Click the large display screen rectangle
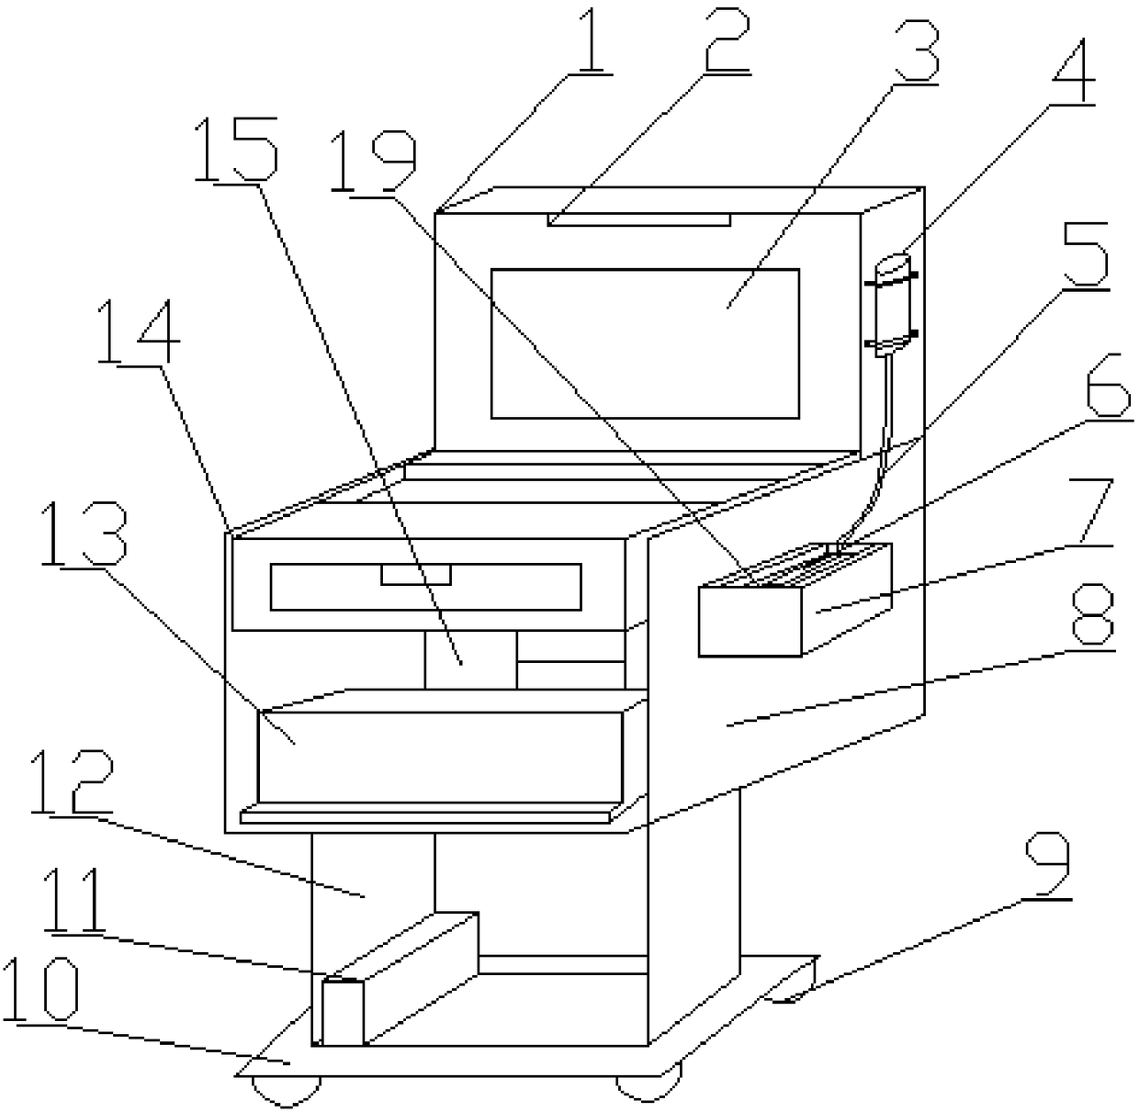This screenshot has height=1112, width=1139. (x=645, y=343)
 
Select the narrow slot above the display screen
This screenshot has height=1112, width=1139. (x=639, y=219)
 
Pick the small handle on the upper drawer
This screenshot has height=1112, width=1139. (x=416, y=575)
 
